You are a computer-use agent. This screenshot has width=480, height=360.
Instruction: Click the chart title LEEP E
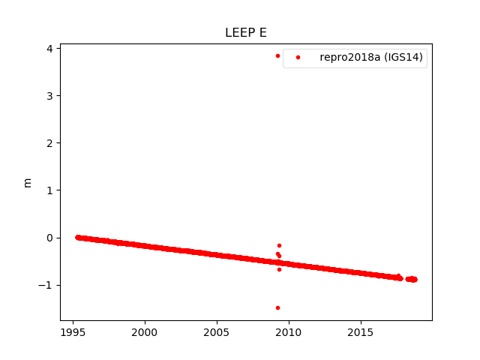(x=246, y=33)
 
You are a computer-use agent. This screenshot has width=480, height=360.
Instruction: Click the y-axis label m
(x=28, y=182)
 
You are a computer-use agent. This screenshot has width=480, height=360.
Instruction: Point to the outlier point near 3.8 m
(x=277, y=55)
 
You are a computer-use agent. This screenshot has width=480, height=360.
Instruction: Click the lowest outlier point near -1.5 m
(x=277, y=307)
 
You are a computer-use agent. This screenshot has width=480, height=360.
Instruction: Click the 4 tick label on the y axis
(x=49, y=49)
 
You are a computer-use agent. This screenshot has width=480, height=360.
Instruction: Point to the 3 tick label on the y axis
(x=49, y=96)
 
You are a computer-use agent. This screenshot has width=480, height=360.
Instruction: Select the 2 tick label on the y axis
(x=49, y=143)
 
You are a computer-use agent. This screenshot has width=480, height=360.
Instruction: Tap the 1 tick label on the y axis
(x=49, y=190)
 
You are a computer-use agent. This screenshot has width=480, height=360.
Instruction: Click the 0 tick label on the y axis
(x=49, y=238)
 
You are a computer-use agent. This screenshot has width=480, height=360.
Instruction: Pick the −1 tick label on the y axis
(x=46, y=285)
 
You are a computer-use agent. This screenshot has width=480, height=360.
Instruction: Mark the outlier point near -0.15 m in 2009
(x=279, y=245)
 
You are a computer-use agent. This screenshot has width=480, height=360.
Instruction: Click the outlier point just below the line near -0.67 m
(x=279, y=269)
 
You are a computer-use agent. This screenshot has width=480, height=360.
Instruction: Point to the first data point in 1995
(x=77, y=237)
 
